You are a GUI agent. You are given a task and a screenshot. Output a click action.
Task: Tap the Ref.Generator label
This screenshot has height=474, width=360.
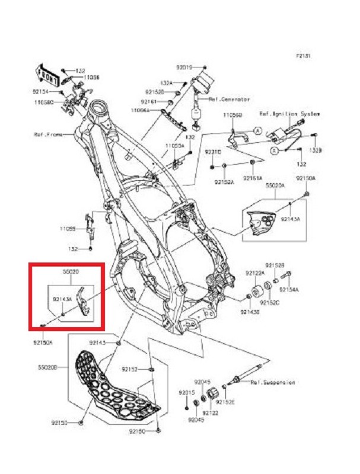pyautogui.click(x=229, y=100)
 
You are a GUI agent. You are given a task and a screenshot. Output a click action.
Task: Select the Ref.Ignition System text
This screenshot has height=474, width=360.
pyautogui.click(x=289, y=113)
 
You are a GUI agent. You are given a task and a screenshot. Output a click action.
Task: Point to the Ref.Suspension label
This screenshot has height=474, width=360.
pyautogui.click(x=272, y=383)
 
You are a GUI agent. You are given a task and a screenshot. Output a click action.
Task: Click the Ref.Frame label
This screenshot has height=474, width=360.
pyautogui.click(x=62, y=134)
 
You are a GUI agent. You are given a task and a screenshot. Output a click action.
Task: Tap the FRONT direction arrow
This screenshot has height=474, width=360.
pyautogui.click(x=46, y=75)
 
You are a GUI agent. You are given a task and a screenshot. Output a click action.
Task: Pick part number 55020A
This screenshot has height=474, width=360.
pyautogui.click(x=275, y=185)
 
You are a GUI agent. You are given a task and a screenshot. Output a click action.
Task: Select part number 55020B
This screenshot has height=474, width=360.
pyautogui.click(x=47, y=368)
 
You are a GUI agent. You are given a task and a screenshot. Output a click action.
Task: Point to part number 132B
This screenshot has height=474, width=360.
pyautogui.click(x=315, y=152)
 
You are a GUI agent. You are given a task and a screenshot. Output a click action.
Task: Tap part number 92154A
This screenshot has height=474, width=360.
pyautogui.click(x=289, y=290)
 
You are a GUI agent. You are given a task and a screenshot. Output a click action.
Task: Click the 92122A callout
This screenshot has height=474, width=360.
pyautogui.click(x=256, y=273)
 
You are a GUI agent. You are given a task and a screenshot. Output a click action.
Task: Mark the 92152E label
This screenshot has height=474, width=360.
pyautogui.click(x=225, y=402)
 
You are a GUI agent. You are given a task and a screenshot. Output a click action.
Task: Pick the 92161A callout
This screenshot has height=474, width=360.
pyautogui.click(x=253, y=178)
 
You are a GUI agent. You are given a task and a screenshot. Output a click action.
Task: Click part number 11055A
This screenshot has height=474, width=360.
pyautogui.click(x=175, y=145)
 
